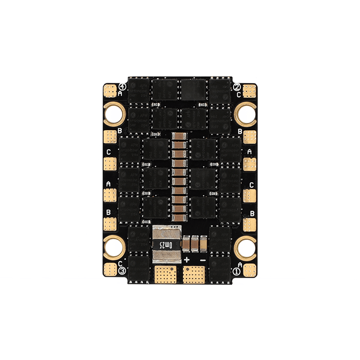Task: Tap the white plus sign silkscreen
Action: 187,260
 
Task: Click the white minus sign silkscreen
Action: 203,260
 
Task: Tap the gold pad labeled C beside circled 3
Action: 110,269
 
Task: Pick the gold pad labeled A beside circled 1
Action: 249,269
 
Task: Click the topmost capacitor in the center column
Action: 180,136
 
